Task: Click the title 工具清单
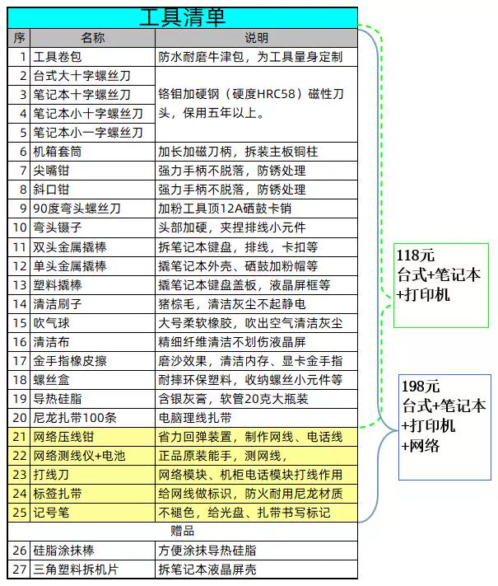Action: (182, 17)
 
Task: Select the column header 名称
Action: (92, 38)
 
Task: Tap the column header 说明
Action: (256, 38)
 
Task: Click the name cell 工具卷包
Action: (58, 57)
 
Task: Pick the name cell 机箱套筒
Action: (58, 152)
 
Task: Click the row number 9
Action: (23, 209)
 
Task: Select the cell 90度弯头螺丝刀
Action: (77, 209)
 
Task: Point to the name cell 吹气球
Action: (52, 323)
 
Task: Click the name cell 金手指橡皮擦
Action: (70, 361)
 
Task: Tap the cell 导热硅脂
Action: (58, 399)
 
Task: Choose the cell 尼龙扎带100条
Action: (75, 417)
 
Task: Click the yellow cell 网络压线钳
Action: (63, 437)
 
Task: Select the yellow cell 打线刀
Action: (52, 475)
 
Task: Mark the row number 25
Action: (20, 513)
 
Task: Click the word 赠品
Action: (182, 531)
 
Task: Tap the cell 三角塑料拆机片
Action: (76, 570)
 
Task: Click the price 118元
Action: (416, 255)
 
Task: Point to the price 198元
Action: (421, 387)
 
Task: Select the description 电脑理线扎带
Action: (195, 417)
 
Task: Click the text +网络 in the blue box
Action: (421, 446)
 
